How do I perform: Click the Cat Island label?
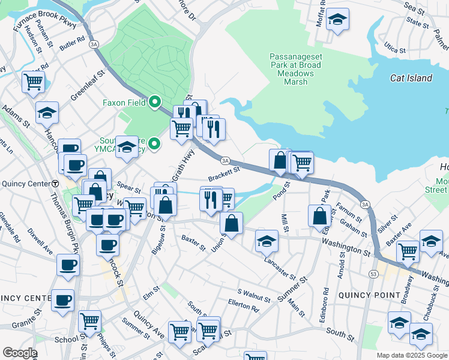(x=411, y=78)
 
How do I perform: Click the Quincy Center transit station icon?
(x=55, y=184)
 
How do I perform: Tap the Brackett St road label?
(x=224, y=175)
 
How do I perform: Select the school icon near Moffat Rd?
(x=338, y=20)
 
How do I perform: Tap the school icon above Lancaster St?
(x=267, y=241)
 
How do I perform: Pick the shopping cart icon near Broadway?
(x=408, y=251)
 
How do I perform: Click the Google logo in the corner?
(x=20, y=353)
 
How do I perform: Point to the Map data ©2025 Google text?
(x=412, y=355)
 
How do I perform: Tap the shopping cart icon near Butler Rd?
(x=33, y=82)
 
